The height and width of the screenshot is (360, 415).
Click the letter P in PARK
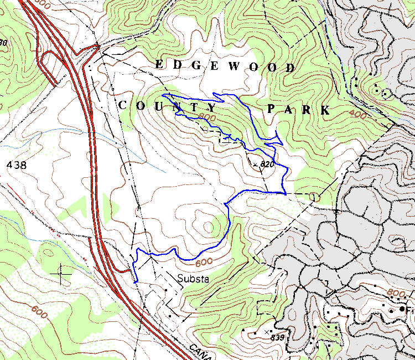pos(271,109)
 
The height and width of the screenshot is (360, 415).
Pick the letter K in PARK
pos(325,111)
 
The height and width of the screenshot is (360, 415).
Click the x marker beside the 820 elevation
pos(255,164)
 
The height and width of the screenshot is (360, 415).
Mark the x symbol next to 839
pos(267,331)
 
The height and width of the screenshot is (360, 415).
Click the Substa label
pos(193,279)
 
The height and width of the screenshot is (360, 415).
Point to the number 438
pos(16,164)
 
